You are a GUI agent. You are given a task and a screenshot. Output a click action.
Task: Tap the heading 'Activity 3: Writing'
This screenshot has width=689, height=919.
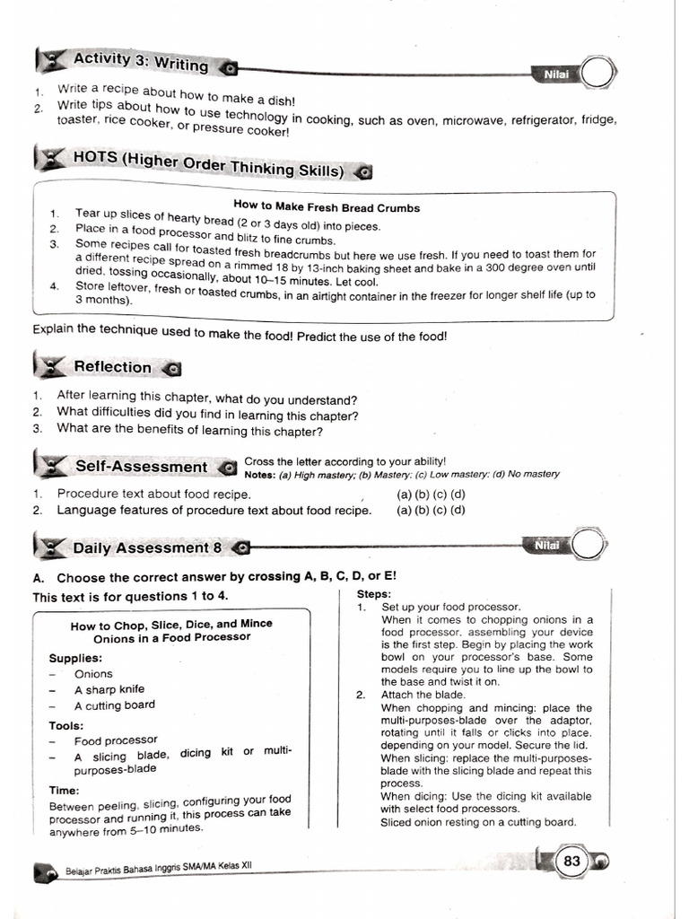pyautogui.click(x=141, y=63)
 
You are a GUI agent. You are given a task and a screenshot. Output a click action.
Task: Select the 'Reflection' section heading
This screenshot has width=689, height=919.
pyautogui.click(x=113, y=366)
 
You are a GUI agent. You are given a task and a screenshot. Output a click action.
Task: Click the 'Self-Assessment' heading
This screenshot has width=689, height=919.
pyautogui.click(x=141, y=467)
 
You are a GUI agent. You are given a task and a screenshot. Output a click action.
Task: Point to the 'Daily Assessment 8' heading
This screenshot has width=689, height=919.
pyautogui.click(x=147, y=547)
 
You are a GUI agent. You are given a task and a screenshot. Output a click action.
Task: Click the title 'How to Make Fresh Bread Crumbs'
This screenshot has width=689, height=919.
pyautogui.click(x=326, y=207)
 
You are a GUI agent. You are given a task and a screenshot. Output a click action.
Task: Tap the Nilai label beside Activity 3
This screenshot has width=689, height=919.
pyautogui.click(x=556, y=74)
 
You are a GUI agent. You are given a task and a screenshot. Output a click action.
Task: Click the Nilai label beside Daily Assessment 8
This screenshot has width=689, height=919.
pyautogui.click(x=547, y=545)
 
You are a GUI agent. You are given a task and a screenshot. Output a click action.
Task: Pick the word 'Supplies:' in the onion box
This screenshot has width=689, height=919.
pyautogui.click(x=75, y=658)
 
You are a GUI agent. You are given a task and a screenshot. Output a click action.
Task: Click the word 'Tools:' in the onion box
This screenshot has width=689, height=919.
pyautogui.click(x=66, y=725)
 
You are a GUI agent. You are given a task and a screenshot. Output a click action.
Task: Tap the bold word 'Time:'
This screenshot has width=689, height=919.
pyautogui.click(x=65, y=791)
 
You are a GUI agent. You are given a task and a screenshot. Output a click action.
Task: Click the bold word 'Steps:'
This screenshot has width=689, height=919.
pyautogui.click(x=374, y=594)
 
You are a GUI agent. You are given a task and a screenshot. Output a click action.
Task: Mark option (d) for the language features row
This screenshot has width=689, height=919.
pyautogui.click(x=458, y=511)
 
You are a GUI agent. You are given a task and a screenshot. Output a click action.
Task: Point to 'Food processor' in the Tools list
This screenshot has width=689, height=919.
pyautogui.click(x=116, y=741)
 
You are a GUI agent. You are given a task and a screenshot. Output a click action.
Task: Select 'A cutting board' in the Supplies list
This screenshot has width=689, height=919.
pyautogui.click(x=115, y=705)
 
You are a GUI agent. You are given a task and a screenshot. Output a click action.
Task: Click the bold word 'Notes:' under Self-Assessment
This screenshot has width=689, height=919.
pyautogui.click(x=260, y=475)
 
